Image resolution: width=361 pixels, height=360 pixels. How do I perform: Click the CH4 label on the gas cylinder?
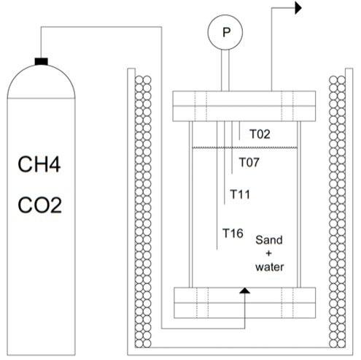(x=39, y=164)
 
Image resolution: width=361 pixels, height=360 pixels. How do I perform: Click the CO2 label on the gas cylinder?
(x=39, y=205)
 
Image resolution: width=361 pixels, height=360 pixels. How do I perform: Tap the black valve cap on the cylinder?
(x=42, y=61)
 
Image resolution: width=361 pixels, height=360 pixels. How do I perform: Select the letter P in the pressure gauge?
(x=226, y=32)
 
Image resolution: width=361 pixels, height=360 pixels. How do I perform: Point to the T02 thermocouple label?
(x=260, y=134)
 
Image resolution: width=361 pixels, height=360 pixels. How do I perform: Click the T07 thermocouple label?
(x=249, y=162)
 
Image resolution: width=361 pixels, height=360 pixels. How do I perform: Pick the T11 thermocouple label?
(x=240, y=194)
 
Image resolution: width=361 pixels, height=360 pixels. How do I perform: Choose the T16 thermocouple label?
(x=233, y=233)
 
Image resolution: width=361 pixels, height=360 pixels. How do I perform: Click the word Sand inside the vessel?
(x=269, y=240)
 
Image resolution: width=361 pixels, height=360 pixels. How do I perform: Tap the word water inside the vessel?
(x=269, y=267)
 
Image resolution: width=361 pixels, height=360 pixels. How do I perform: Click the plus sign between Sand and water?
(x=268, y=253)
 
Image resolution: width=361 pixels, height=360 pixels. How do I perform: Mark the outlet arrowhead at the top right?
(x=298, y=8)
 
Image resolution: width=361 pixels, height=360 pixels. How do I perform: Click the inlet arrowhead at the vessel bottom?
(x=245, y=291)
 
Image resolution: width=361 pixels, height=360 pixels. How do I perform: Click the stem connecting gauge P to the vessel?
(x=225, y=70)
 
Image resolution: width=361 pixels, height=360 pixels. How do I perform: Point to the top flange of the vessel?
(x=244, y=106)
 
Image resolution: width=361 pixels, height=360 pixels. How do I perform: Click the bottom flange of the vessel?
(x=245, y=303)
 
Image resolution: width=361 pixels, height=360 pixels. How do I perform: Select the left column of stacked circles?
(x=143, y=212)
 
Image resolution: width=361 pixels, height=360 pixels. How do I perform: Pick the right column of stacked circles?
(x=337, y=212)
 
